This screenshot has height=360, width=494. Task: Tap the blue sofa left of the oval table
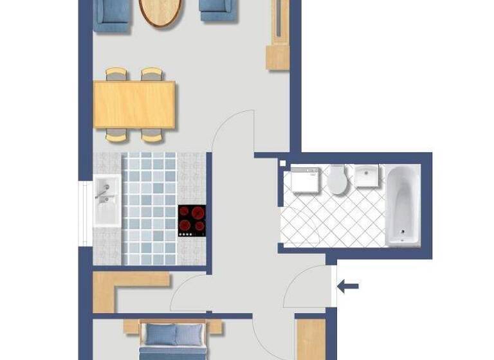point(113,14)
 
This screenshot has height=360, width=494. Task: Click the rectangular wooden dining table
point(134,104)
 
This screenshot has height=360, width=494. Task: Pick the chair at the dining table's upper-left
point(117,75)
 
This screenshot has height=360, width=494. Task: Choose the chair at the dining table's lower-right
point(152,135)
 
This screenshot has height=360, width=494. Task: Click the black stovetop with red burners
point(192,221)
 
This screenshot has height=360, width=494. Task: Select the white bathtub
point(402,205)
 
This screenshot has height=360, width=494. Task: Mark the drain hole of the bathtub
point(403,232)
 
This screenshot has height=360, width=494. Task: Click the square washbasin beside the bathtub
point(368,175)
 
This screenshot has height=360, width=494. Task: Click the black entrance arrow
point(348,286)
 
